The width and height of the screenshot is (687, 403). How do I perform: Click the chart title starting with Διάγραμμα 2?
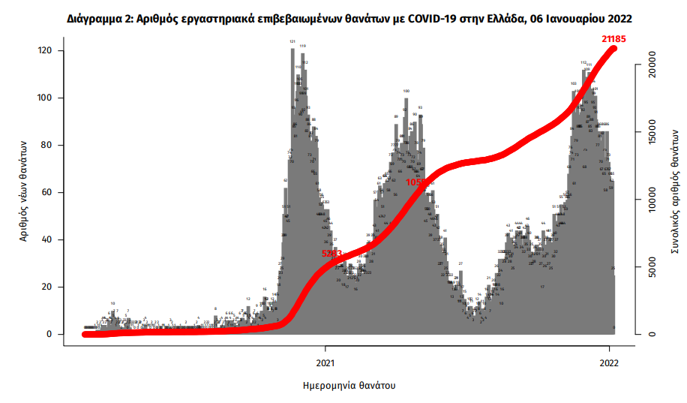[343, 16]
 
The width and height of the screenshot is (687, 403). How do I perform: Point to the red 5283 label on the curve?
[331, 254]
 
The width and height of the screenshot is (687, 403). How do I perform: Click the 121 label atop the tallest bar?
[292, 42]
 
